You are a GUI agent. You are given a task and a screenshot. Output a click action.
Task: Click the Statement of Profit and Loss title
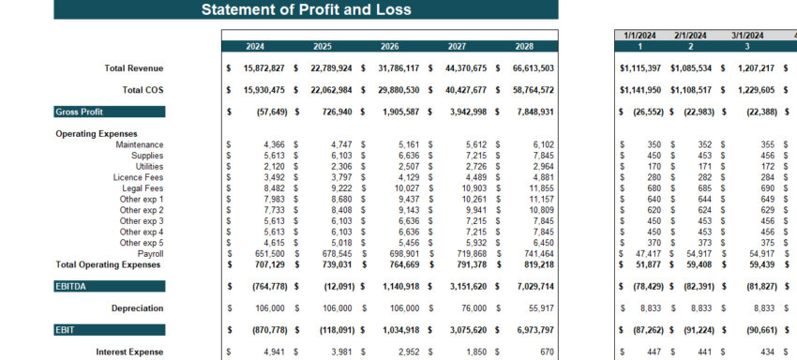(x=306, y=10)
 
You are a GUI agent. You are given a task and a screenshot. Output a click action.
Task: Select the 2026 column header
(x=389, y=46)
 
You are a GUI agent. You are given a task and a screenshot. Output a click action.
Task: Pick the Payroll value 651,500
(x=263, y=254)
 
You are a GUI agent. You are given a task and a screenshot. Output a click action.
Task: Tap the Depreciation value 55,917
(x=535, y=308)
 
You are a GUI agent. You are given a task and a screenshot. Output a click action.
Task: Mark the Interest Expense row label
(x=129, y=352)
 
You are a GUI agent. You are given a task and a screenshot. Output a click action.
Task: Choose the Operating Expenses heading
(x=97, y=134)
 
